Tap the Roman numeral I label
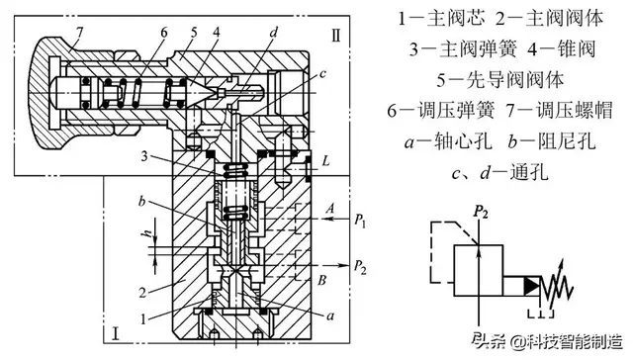pyautogui.click(x=116, y=333)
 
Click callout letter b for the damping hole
pyautogui.click(x=143, y=201)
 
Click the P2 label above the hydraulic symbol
pyautogui.click(x=482, y=211)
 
